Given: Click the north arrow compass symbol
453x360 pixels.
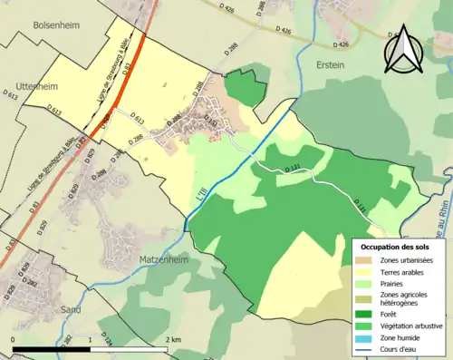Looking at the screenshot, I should coord(403,50).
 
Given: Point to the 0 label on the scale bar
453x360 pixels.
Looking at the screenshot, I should coord(13,339).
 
